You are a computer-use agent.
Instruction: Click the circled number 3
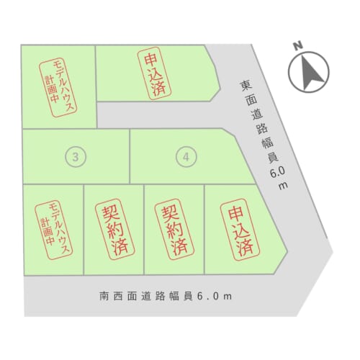point(76,157)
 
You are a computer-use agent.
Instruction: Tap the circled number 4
point(186,157)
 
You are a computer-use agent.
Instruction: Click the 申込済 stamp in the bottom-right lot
point(240,230)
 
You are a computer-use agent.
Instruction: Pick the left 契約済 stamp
point(115,229)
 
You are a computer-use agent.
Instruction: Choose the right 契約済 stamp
point(174,229)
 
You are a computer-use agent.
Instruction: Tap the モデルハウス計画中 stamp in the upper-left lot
point(58,88)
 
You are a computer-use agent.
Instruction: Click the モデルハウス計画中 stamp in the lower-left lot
point(53,230)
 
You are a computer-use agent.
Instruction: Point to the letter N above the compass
point(298,45)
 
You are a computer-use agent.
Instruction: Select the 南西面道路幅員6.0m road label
point(166,296)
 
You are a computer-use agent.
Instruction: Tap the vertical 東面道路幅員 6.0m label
point(264,135)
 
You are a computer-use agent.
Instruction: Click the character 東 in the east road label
point(246,86)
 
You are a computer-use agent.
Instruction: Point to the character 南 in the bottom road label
point(104,296)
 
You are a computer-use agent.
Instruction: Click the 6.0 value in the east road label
point(278,172)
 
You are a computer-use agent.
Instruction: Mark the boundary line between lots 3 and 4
point(130,156)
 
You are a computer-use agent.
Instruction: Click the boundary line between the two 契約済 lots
point(144,230)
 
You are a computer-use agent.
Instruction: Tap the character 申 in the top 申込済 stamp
point(150,60)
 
